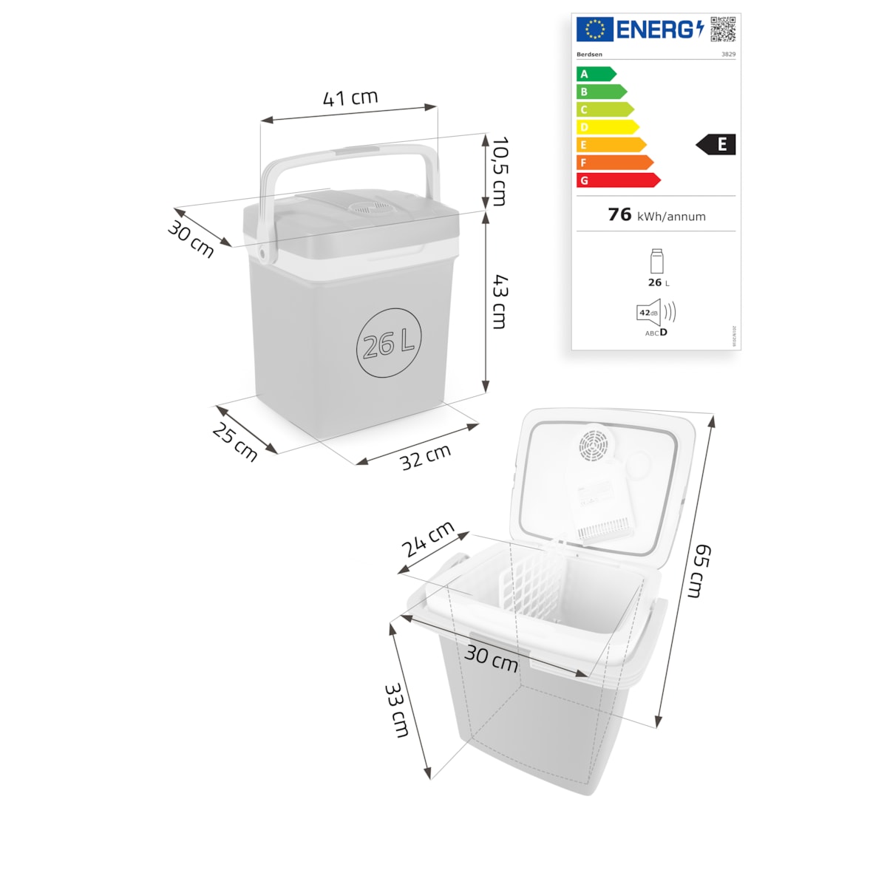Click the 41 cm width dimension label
tap(350, 98)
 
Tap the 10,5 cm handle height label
tap(500, 171)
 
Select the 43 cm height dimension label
tap(500, 302)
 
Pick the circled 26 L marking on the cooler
tap(389, 343)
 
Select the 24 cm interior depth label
tap(427, 540)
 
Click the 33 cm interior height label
tap(396, 710)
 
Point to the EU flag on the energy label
tap(594, 30)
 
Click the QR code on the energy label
tap(723, 29)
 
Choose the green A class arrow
tap(596, 74)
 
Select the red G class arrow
tap(618, 180)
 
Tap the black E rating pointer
tap(716, 145)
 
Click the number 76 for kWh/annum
tap(619, 214)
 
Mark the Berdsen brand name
tap(589, 55)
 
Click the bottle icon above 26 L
tap(656, 262)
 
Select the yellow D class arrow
tap(607, 127)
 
